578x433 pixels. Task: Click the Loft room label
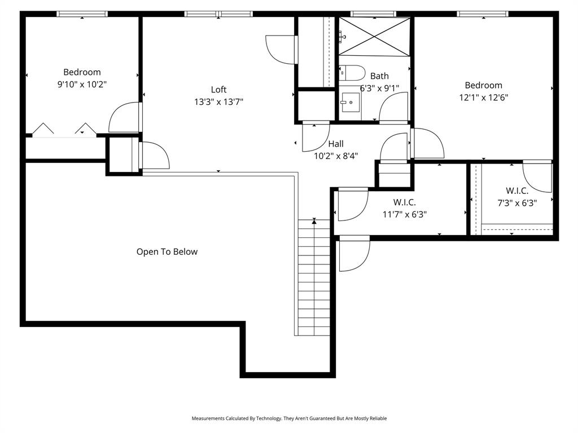(218, 90)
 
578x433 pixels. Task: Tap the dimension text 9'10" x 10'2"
(82, 84)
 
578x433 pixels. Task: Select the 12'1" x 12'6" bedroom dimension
(483, 97)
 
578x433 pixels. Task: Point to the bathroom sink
(350, 103)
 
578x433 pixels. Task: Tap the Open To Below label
(167, 252)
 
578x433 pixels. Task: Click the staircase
(314, 276)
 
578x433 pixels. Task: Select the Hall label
(336, 144)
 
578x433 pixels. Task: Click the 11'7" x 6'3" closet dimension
(404, 214)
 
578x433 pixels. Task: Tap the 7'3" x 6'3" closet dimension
(517, 203)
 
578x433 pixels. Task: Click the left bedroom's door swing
(125, 117)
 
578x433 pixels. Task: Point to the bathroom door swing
(394, 107)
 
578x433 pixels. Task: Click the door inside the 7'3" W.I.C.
(537, 176)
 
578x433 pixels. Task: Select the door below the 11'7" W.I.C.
(354, 254)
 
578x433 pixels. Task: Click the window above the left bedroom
(82, 14)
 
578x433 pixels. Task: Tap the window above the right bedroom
(483, 14)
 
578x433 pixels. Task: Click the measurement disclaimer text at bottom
(289, 418)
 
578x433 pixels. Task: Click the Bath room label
(379, 76)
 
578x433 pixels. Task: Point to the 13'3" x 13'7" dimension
(218, 102)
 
